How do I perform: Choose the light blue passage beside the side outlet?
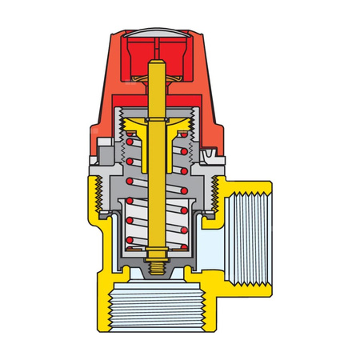click(x=210, y=240)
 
